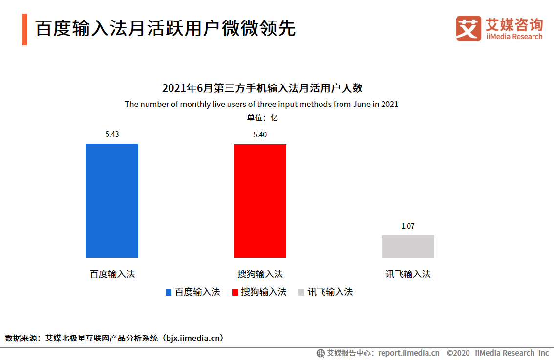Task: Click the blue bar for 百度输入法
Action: (x=112, y=200)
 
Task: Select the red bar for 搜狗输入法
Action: (x=260, y=201)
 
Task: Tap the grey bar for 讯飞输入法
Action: (x=407, y=246)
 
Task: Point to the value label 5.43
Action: (x=112, y=134)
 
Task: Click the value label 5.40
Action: (x=260, y=135)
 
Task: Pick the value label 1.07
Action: (x=407, y=226)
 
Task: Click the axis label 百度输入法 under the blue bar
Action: (x=112, y=274)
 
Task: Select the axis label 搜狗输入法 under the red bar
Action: (x=260, y=274)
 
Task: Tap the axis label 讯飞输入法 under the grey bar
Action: (x=407, y=274)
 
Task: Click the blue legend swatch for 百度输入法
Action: (x=169, y=292)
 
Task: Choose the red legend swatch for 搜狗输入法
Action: (x=234, y=292)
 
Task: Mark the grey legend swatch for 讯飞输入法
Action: (x=301, y=292)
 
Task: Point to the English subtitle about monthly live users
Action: (x=261, y=104)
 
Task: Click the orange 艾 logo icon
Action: (x=469, y=29)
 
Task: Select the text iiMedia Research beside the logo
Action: (x=514, y=37)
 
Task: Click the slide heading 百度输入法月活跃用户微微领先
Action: (x=165, y=29)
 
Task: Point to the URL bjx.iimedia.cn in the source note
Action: (x=193, y=338)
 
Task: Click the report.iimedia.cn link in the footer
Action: (x=408, y=353)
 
